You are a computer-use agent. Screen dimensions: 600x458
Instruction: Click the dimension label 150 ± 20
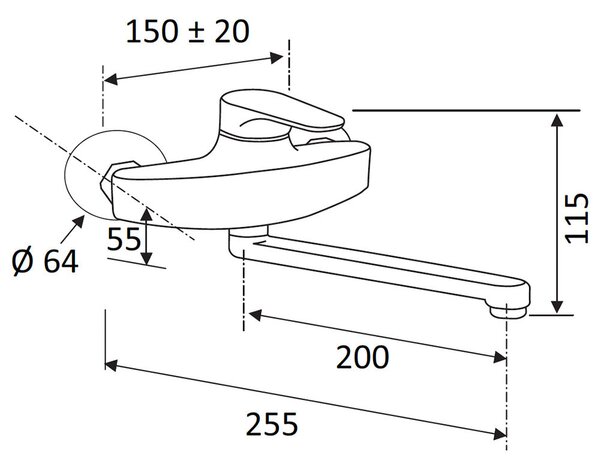tap(188, 32)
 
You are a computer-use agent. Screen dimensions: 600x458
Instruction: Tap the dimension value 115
tap(577, 218)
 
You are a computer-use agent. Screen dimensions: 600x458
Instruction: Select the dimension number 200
tap(362, 357)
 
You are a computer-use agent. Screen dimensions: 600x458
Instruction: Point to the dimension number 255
tap(272, 424)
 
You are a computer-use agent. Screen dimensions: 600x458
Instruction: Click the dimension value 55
tap(124, 239)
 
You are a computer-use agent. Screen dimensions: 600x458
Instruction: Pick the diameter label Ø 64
tap(45, 261)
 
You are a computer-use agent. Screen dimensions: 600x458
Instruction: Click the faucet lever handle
tap(281, 111)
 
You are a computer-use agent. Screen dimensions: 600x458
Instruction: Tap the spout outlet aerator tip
tap(509, 311)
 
